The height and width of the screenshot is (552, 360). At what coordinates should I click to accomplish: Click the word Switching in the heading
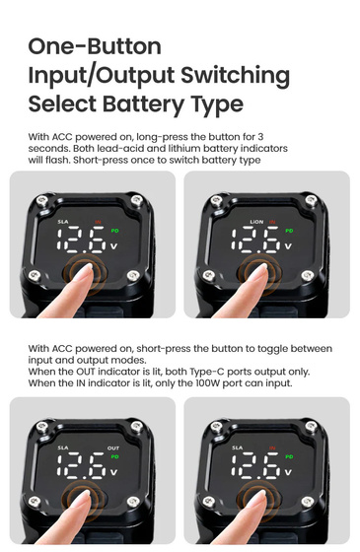click(x=235, y=77)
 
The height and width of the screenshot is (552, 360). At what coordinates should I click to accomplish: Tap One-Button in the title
click(x=95, y=46)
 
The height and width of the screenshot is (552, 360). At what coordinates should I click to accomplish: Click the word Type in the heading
click(x=217, y=104)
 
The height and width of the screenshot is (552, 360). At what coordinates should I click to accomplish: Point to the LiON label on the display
click(x=256, y=222)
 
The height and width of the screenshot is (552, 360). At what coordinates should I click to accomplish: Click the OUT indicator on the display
click(x=113, y=448)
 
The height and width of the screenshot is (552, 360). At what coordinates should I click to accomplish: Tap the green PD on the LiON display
click(x=289, y=231)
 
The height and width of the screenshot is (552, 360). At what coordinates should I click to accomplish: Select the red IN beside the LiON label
click(x=272, y=222)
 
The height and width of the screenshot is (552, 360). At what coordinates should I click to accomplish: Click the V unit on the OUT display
click(x=113, y=472)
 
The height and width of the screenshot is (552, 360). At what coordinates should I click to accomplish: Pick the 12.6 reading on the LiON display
click(x=255, y=240)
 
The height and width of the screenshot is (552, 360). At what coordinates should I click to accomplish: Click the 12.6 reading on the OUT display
click(x=81, y=465)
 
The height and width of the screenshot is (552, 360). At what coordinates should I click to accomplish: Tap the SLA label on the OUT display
click(x=63, y=448)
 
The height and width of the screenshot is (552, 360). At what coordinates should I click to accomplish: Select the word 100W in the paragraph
click(x=208, y=383)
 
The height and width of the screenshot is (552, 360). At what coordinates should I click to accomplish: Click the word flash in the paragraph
click(x=57, y=160)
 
